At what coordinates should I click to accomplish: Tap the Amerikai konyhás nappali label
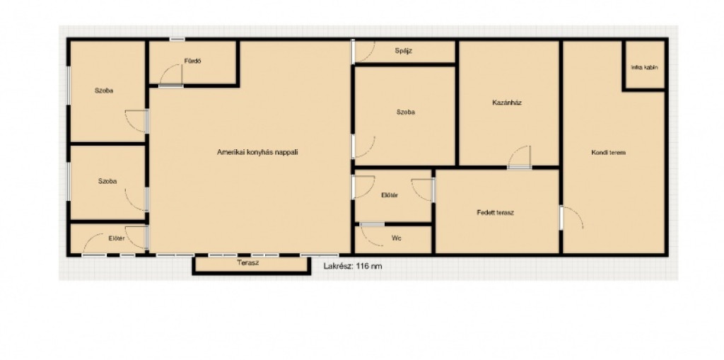point(257,151)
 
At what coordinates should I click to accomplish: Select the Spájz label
point(404,51)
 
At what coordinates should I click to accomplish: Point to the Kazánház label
point(506,103)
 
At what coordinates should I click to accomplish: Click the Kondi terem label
point(608,152)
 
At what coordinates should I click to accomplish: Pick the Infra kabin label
point(644,67)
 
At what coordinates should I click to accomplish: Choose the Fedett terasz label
point(496,213)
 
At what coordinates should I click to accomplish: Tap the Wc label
point(396,238)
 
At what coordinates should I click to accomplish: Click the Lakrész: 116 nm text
point(353,266)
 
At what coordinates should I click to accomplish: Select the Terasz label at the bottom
point(248,263)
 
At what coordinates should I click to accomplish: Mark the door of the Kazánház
point(520,157)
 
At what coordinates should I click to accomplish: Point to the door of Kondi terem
point(573,218)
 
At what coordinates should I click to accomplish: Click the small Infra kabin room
point(644,65)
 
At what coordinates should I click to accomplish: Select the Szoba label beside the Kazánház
point(405,112)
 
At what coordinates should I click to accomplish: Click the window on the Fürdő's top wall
point(177,40)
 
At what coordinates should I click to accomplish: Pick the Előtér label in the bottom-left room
point(117,238)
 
